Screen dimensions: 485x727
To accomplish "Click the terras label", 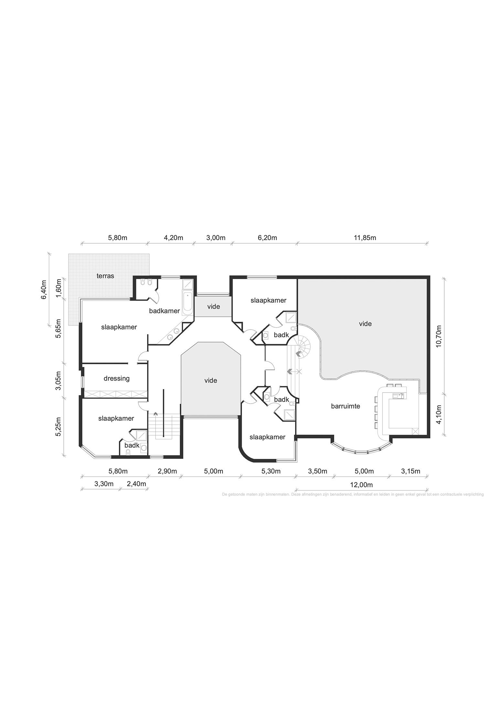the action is click(x=105, y=276).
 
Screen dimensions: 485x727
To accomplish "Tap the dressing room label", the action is click(x=116, y=378).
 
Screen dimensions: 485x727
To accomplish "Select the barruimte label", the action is click(x=345, y=406).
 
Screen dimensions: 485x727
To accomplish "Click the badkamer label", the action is click(x=164, y=311).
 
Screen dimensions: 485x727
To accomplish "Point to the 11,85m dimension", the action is click(x=365, y=238).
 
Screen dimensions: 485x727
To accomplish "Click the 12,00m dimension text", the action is click(x=361, y=485).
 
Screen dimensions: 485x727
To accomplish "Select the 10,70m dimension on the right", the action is click(x=438, y=336).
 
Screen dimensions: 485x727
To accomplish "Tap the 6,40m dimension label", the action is click(x=44, y=290).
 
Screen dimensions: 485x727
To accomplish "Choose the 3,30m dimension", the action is click(x=104, y=484).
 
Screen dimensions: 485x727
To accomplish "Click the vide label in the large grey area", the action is click(x=365, y=324).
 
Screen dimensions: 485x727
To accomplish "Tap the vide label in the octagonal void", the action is click(x=210, y=381).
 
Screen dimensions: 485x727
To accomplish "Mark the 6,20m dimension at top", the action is click(x=267, y=238).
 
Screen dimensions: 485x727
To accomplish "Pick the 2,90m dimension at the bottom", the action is click(x=167, y=471).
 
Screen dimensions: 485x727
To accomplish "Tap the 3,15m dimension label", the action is click(x=411, y=471).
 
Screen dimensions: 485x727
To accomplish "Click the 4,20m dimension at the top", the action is click(x=174, y=238).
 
